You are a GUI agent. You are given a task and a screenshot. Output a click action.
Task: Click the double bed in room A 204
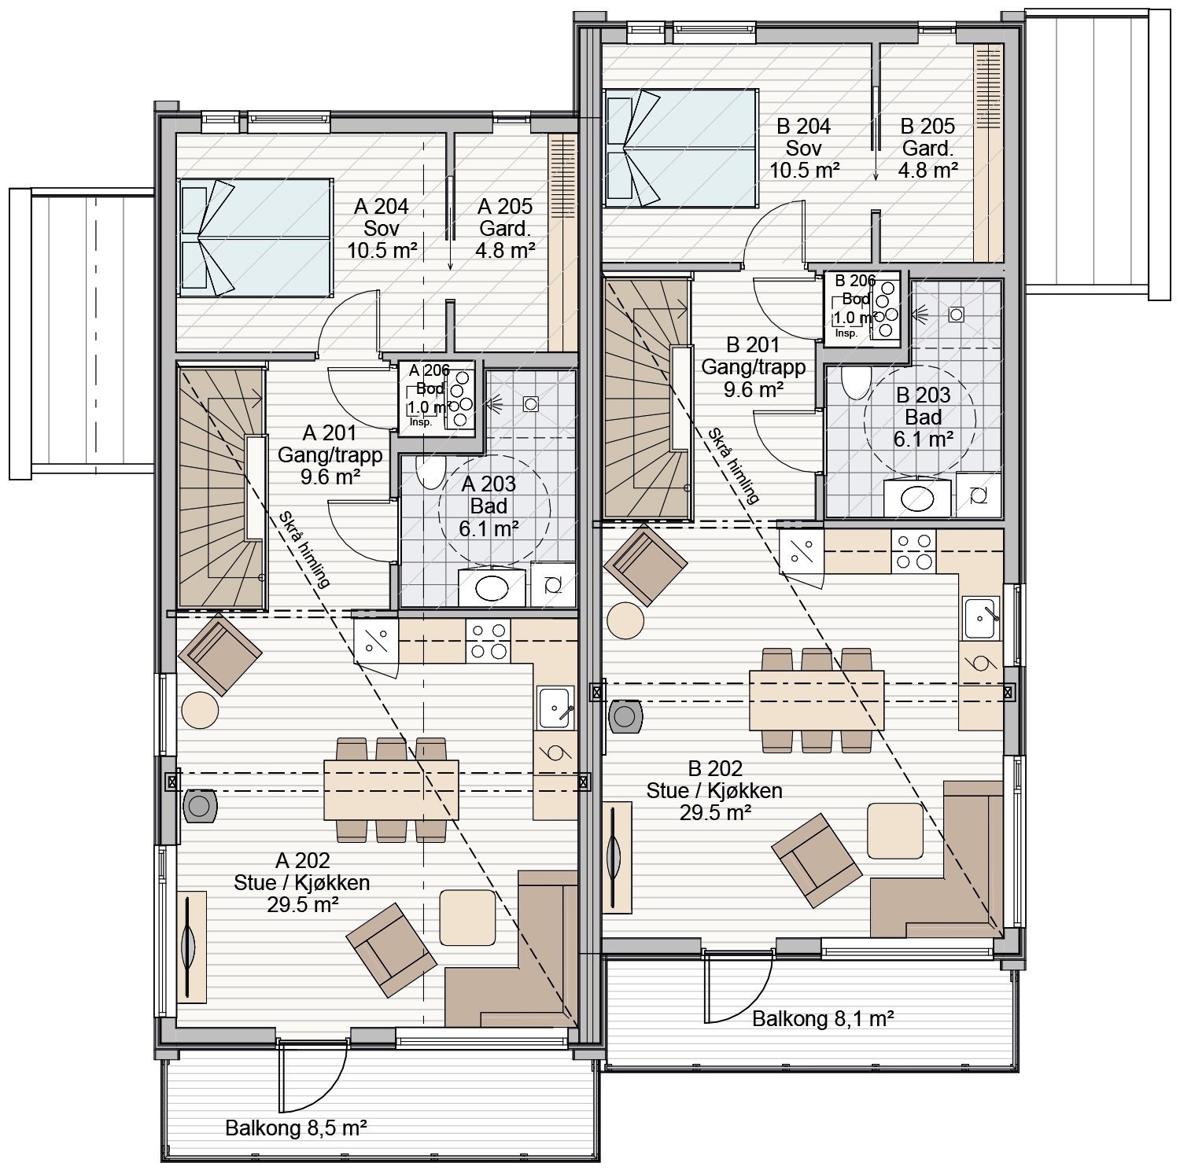coord(254,237)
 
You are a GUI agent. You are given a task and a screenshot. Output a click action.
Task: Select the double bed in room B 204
coord(680,147)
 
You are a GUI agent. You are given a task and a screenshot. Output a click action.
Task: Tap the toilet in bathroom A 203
coord(430,472)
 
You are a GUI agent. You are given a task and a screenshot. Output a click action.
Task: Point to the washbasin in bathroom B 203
coord(917,497)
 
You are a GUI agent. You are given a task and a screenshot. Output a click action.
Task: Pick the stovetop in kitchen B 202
coord(913,551)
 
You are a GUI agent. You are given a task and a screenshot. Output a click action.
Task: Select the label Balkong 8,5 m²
coord(297,1128)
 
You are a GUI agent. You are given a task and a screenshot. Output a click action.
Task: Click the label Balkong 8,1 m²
coord(822,1019)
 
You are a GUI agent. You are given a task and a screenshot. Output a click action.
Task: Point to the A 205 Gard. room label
coord(505,228)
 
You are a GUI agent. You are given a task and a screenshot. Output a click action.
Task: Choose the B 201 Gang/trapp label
coord(754,366)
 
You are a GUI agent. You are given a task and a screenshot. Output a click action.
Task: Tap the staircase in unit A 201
coord(221,487)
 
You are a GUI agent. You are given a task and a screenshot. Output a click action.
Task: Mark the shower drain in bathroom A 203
coord(531,404)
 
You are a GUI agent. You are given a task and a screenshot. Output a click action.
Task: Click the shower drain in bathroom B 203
coord(956,314)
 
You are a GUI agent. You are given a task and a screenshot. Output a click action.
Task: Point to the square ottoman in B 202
coord(895,830)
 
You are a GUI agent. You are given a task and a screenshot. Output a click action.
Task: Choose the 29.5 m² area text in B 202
coord(714,813)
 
